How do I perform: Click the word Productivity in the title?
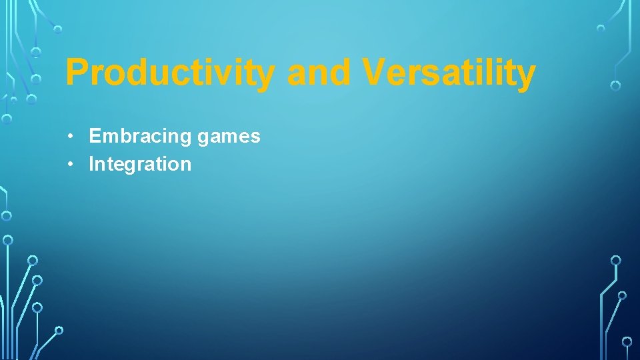click(x=169, y=73)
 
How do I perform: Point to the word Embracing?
click(x=140, y=137)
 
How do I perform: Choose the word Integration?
click(x=140, y=164)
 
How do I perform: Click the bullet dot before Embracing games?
click(x=70, y=137)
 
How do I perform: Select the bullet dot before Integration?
click(x=70, y=165)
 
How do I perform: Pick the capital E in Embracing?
click(x=95, y=137)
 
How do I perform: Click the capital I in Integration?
click(x=91, y=164)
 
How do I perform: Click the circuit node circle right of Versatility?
click(x=615, y=85)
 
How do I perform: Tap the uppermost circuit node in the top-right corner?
click(x=601, y=29)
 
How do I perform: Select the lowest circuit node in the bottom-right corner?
click(x=627, y=341)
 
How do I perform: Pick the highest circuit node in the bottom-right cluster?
click(x=616, y=260)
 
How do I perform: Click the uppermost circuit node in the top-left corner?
click(x=58, y=29)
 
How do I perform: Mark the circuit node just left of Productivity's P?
click(x=37, y=79)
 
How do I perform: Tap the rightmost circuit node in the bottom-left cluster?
click(x=59, y=330)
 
